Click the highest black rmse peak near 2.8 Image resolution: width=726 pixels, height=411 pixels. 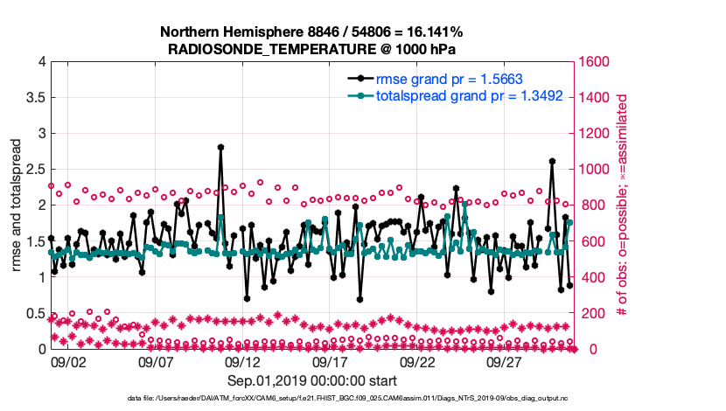click(x=220, y=147)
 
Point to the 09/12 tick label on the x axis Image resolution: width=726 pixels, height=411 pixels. click(x=242, y=361)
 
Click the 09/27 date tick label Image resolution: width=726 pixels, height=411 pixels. click(x=505, y=361)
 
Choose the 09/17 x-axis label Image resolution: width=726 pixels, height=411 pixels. click(x=330, y=361)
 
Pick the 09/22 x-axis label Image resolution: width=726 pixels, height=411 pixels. click(x=417, y=361)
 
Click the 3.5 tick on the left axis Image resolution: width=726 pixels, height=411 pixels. click(x=35, y=97)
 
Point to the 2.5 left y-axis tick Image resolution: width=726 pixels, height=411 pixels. click(x=35, y=169)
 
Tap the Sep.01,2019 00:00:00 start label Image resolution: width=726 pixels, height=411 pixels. click(x=312, y=380)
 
